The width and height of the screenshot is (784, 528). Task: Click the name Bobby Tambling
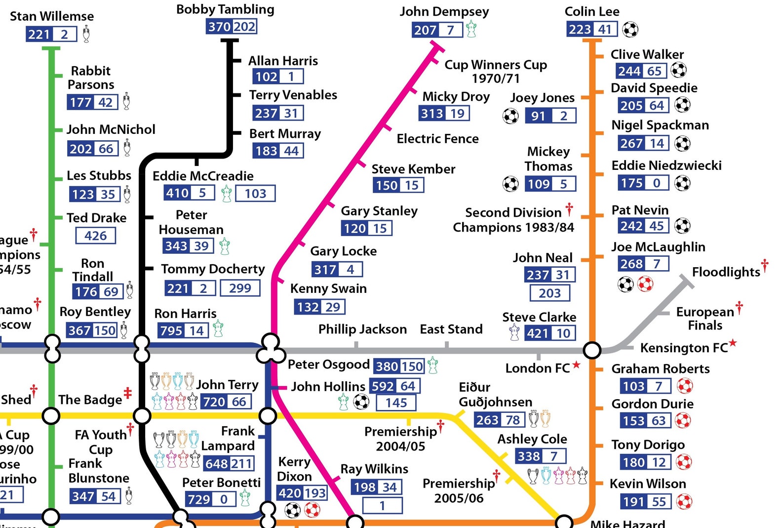[225, 9]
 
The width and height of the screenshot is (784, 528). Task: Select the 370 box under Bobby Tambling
[219, 26]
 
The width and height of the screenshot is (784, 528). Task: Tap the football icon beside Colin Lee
[630, 30]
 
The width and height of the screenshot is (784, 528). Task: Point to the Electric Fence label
[437, 139]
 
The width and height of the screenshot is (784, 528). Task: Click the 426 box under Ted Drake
[96, 236]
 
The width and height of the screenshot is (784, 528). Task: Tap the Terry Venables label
[293, 95]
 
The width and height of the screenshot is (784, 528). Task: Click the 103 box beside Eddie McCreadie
[255, 193]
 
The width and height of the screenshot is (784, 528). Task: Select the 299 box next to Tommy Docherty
[240, 288]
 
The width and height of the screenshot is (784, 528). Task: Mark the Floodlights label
[726, 272]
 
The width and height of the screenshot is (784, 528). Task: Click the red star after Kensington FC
[733, 342]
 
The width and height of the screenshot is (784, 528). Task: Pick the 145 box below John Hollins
[396, 403]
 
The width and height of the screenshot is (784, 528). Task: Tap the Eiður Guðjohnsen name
[495, 395]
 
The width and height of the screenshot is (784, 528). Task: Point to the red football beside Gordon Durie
[683, 420]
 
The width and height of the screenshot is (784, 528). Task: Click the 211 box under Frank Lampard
[242, 464]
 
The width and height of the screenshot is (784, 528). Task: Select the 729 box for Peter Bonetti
[199, 499]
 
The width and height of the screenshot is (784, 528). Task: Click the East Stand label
[451, 329]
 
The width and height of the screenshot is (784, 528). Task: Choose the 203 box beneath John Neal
[549, 293]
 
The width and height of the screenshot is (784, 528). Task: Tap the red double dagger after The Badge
[127, 393]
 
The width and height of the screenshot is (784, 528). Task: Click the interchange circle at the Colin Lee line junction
[592, 350]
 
